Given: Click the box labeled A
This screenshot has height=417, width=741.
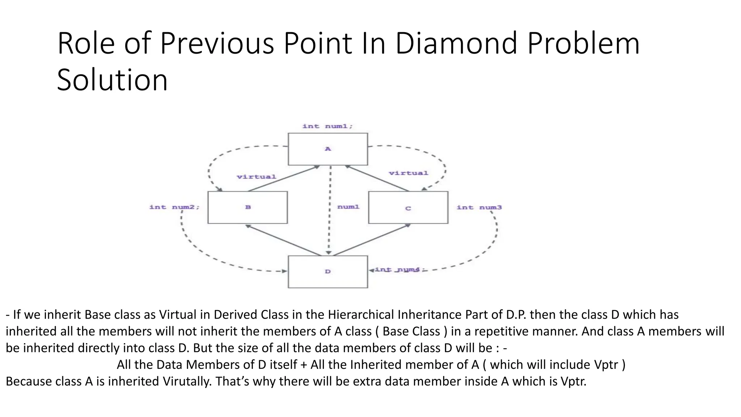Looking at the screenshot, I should [328, 149].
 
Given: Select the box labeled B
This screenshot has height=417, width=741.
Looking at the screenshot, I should [248, 207].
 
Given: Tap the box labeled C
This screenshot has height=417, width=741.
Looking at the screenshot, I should [408, 208].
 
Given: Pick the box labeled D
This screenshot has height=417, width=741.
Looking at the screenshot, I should [328, 271].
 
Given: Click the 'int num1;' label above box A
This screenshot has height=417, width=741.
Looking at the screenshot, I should [327, 126].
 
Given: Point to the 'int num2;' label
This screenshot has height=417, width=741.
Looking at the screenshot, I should [174, 207].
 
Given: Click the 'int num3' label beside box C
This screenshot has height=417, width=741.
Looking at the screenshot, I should [479, 207].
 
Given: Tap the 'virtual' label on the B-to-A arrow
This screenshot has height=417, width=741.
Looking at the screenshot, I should [257, 177].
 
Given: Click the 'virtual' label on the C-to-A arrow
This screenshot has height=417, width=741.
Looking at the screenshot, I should [408, 173].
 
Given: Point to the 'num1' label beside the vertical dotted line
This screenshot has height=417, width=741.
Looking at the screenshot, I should [348, 207].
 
